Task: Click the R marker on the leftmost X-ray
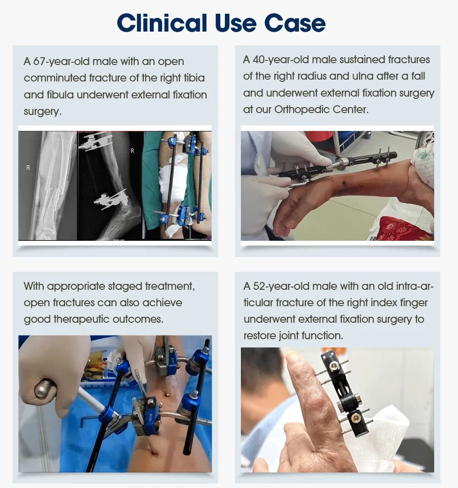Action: pyautogui.click(x=28, y=168)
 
